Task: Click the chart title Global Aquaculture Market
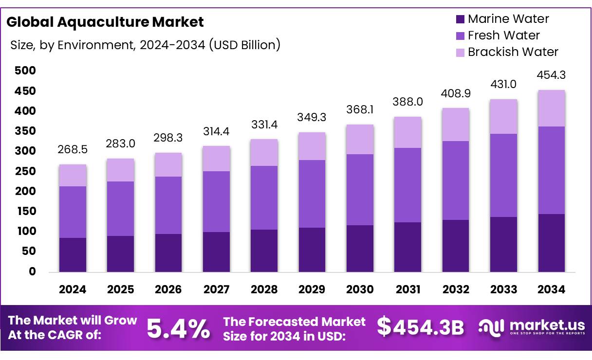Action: [x=105, y=22]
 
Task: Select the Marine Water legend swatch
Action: [x=460, y=19]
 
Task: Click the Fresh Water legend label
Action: [x=503, y=36]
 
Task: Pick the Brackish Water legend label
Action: [x=513, y=52]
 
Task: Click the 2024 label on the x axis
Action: [x=73, y=290]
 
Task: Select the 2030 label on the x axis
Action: [x=360, y=290]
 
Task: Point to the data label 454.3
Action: [x=551, y=75]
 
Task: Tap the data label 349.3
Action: [x=312, y=117]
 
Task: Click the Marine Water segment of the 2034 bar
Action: [x=551, y=243]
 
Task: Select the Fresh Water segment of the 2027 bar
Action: [x=216, y=201]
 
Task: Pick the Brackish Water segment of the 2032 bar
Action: [x=455, y=125]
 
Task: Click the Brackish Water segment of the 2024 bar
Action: [x=73, y=175]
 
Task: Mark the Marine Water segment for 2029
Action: [x=312, y=250]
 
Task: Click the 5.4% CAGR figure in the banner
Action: [x=178, y=328]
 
